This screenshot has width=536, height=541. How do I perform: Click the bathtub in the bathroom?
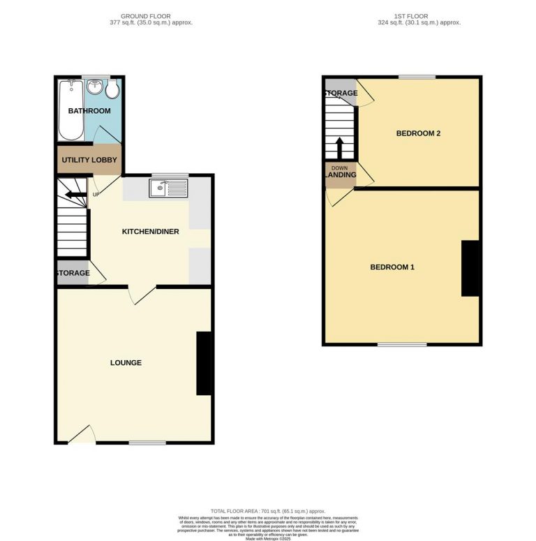click(70, 110)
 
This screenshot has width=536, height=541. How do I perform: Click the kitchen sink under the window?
click(168, 187)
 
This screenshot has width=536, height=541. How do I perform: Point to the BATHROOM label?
click(89, 111)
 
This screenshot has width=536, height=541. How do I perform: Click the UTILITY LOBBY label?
click(89, 160)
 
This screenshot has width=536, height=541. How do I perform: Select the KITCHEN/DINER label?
click(151, 232)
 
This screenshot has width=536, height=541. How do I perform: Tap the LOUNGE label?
click(126, 363)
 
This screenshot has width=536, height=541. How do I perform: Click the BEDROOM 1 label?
click(392, 267)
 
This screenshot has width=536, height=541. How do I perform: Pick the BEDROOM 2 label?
click(418, 133)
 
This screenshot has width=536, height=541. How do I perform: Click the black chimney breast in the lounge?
click(204, 363)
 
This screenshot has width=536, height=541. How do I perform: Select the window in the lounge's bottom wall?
click(147, 443)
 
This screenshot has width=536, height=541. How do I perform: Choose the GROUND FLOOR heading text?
click(145, 15)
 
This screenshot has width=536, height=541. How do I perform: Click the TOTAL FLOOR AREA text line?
click(267, 512)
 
